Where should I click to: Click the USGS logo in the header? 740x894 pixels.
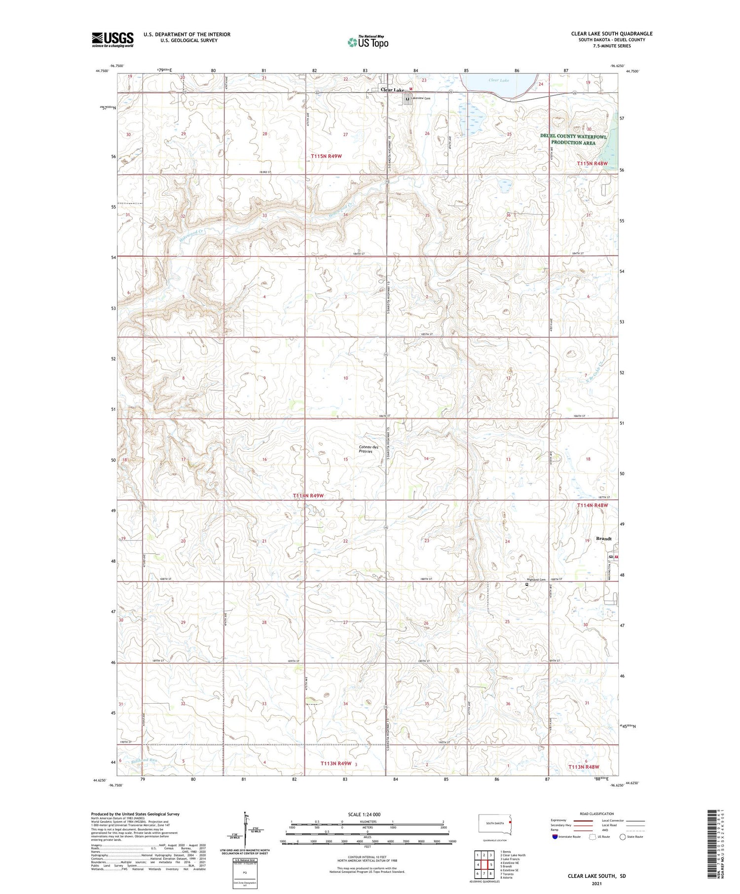112,39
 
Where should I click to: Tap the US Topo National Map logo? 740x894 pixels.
368,42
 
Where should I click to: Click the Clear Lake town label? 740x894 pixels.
392,90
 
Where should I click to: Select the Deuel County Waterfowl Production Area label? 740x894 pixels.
573,139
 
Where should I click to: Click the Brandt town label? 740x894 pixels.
604,538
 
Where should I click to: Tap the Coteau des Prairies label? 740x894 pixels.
369,449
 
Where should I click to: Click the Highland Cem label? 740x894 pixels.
537,579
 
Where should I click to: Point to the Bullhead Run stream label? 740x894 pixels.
144,760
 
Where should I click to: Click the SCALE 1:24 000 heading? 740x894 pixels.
368,814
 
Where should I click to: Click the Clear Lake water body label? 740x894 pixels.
498,80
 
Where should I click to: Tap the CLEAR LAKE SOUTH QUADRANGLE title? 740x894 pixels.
612,34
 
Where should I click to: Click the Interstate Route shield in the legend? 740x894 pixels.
555,837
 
